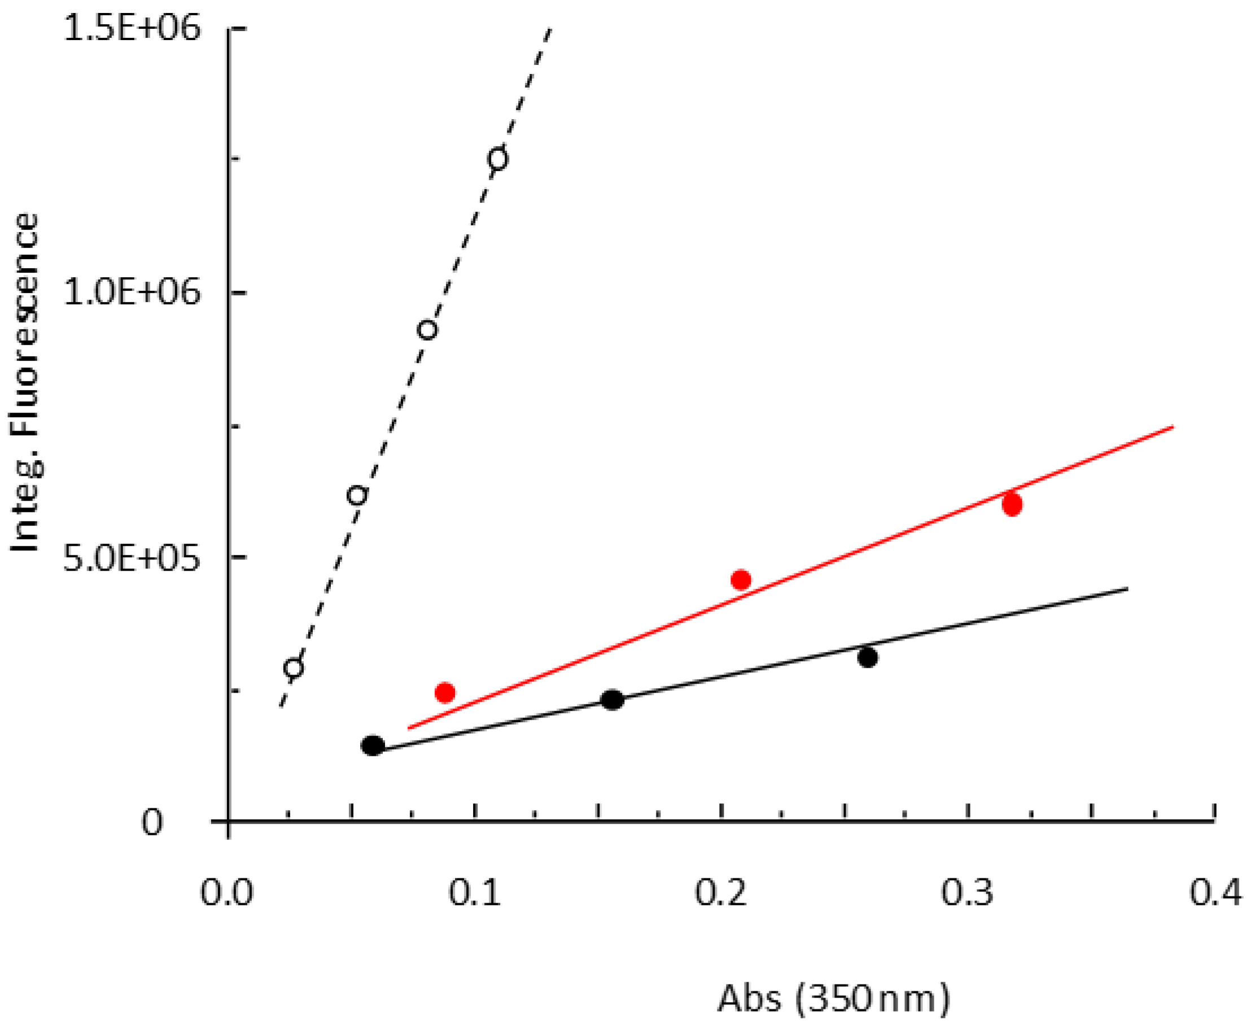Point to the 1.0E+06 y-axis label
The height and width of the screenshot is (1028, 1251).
point(132,292)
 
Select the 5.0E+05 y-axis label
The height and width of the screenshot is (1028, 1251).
point(132,557)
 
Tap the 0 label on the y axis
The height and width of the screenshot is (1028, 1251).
point(151,823)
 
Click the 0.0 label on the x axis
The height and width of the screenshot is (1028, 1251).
point(227,893)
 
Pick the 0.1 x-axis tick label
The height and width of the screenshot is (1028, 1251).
point(474,893)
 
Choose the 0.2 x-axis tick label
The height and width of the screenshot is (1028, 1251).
point(720,893)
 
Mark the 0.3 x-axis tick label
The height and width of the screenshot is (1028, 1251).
point(968,893)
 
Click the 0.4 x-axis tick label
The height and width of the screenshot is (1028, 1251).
point(1215,893)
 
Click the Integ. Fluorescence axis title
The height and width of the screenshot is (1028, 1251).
point(25,383)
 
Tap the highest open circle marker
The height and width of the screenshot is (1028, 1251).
point(498,159)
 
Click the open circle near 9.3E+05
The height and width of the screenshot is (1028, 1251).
point(427,330)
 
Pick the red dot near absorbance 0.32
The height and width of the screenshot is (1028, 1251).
point(1012,505)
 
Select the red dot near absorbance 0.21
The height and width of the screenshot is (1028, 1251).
point(741,580)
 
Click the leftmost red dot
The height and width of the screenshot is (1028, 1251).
point(445,692)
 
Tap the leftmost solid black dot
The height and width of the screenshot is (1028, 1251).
point(373,746)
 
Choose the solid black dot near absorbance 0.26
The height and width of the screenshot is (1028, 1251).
point(867,657)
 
